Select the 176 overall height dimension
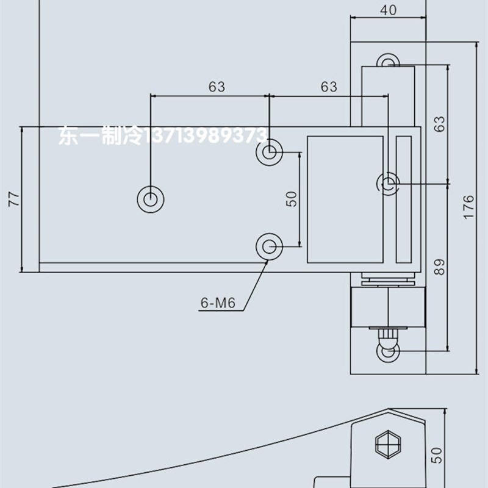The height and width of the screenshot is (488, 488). pos(468,207)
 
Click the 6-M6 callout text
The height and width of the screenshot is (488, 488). pos(217,302)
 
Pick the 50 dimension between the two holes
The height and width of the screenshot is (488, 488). pos(292,198)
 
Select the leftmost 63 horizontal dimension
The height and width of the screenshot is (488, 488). pos(217,87)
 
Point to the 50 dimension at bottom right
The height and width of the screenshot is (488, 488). pos(453,454)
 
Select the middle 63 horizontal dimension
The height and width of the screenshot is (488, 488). pos(328,87)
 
